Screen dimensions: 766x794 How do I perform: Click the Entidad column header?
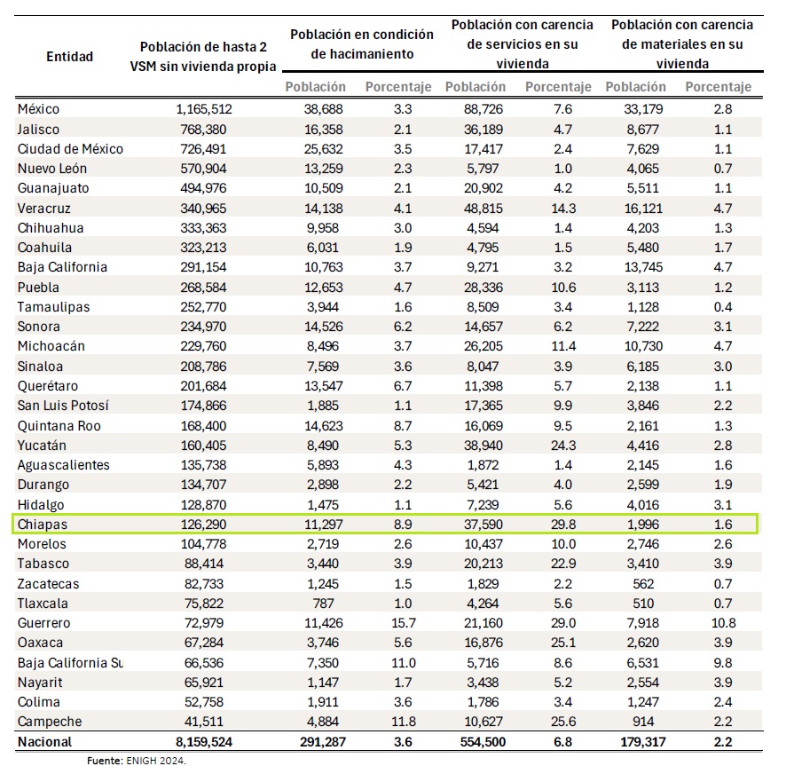69,56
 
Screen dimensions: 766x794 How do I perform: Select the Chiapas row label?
42,525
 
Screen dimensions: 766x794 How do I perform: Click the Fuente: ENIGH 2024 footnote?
137,760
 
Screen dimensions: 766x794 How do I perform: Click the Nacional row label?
44,741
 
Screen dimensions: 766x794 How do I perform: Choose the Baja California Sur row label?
70,662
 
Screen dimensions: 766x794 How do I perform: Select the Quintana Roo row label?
59,425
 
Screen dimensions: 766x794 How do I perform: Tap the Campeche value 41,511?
208,722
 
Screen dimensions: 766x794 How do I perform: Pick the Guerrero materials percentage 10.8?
718,623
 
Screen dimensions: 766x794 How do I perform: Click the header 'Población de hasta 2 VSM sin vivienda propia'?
208,56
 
